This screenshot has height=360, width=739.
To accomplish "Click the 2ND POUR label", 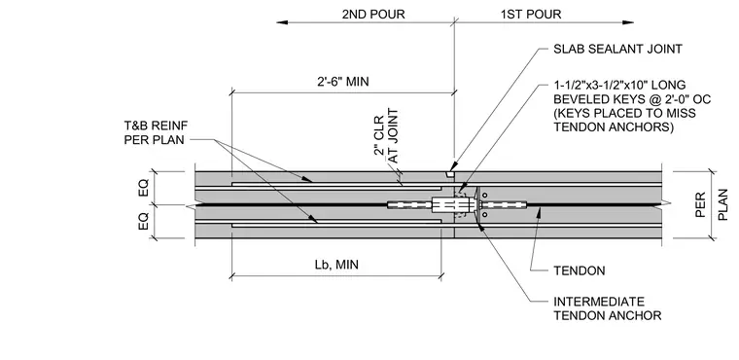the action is tap(373, 15).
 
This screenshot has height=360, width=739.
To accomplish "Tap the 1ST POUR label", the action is tap(531, 15).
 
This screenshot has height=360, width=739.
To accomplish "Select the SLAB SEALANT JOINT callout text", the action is tap(617, 49).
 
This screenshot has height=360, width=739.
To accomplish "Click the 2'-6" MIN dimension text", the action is tap(342, 82).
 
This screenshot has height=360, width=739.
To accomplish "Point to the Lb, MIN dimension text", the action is tap(336, 265).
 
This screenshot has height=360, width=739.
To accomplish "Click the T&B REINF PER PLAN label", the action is tap(156, 132).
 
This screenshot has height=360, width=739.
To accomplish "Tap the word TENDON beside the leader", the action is tap(580, 270).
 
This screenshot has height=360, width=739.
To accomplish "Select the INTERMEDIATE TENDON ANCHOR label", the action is tap(608, 308).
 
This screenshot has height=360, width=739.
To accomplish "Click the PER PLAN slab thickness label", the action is tap(710, 204).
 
